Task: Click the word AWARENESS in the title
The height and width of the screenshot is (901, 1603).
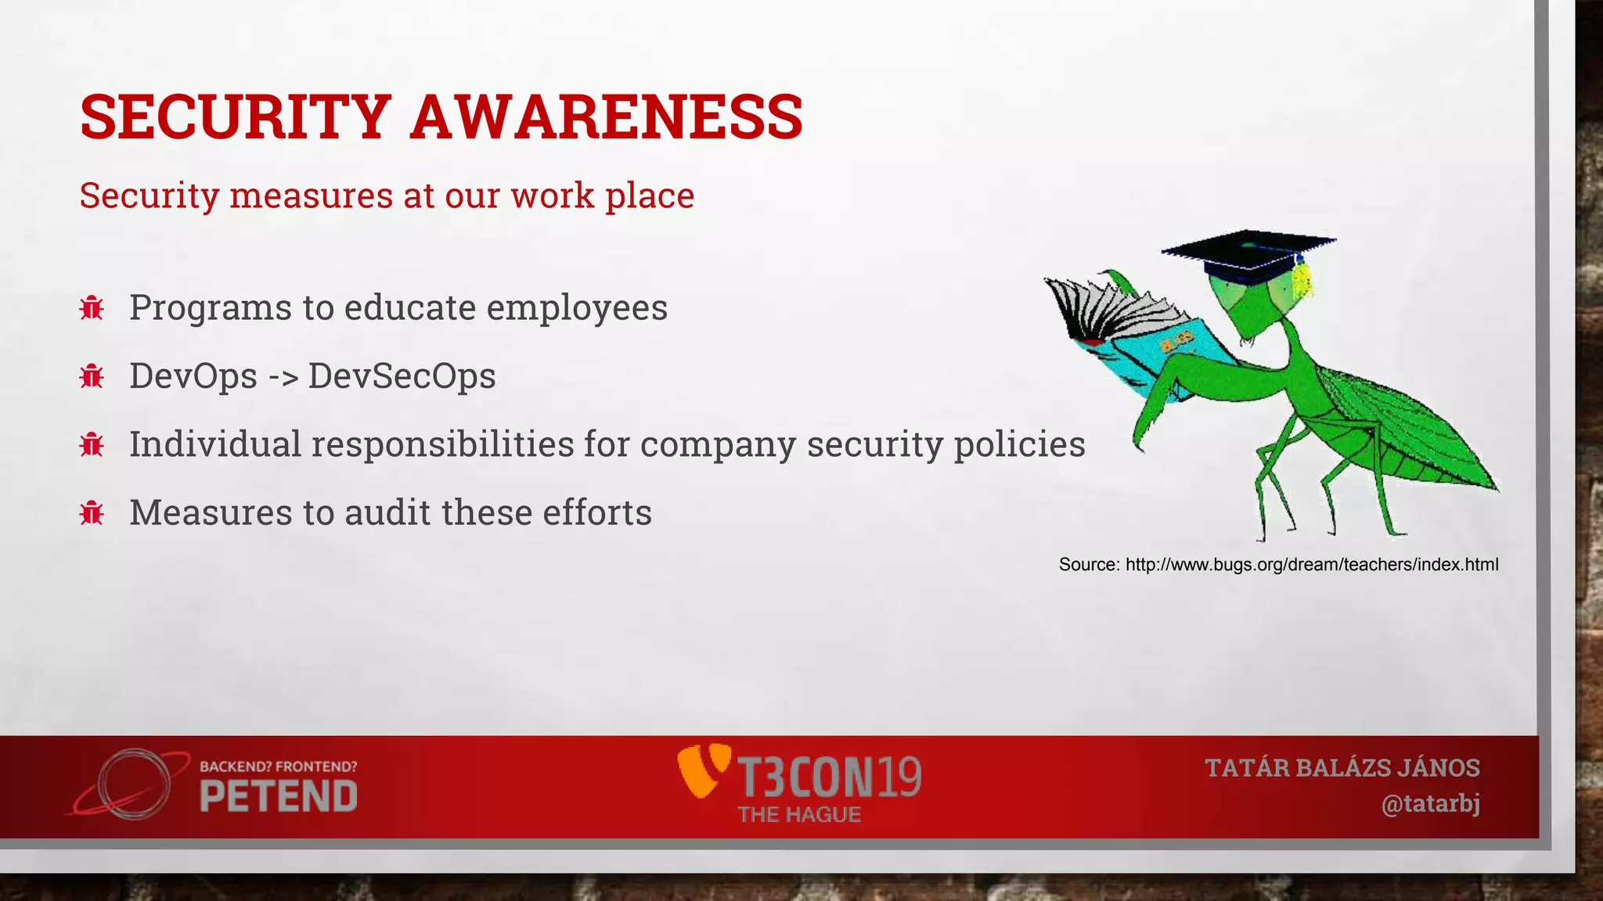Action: coord(607,117)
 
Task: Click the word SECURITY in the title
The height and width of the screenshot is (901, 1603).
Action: coord(235,117)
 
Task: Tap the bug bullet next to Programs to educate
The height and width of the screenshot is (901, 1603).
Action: coord(92,307)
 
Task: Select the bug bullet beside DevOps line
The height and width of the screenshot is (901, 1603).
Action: coord(92,376)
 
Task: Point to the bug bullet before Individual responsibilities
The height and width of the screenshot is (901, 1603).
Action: coord(92,444)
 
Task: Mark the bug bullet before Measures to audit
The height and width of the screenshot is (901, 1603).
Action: coord(92,513)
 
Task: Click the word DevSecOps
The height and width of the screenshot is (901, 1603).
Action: coord(402,376)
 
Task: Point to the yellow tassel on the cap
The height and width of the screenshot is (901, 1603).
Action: coord(1301,278)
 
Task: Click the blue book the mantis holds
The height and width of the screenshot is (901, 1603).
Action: coord(1151,352)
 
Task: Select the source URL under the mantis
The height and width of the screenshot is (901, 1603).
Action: coord(1311,565)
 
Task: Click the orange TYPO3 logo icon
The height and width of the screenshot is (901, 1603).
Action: coord(701,770)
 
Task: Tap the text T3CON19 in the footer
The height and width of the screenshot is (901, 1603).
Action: coord(830,776)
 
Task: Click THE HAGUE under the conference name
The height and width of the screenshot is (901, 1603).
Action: coord(799,815)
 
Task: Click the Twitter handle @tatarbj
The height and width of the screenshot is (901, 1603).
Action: coord(1430,804)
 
